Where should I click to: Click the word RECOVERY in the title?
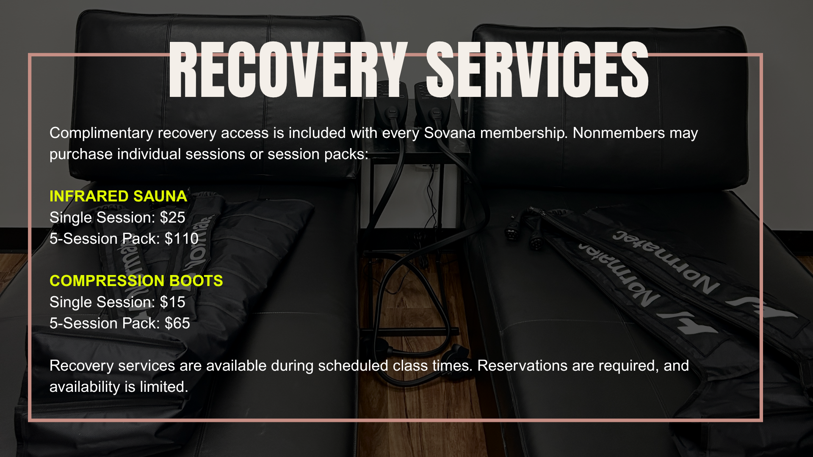288,70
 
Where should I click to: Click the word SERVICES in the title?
537,70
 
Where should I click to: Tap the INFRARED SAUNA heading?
118,196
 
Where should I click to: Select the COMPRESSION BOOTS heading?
136,281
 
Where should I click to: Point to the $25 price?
173,217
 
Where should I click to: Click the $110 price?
182,239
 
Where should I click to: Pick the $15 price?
173,302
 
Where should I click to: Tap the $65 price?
177,323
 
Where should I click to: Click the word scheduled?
353,366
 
